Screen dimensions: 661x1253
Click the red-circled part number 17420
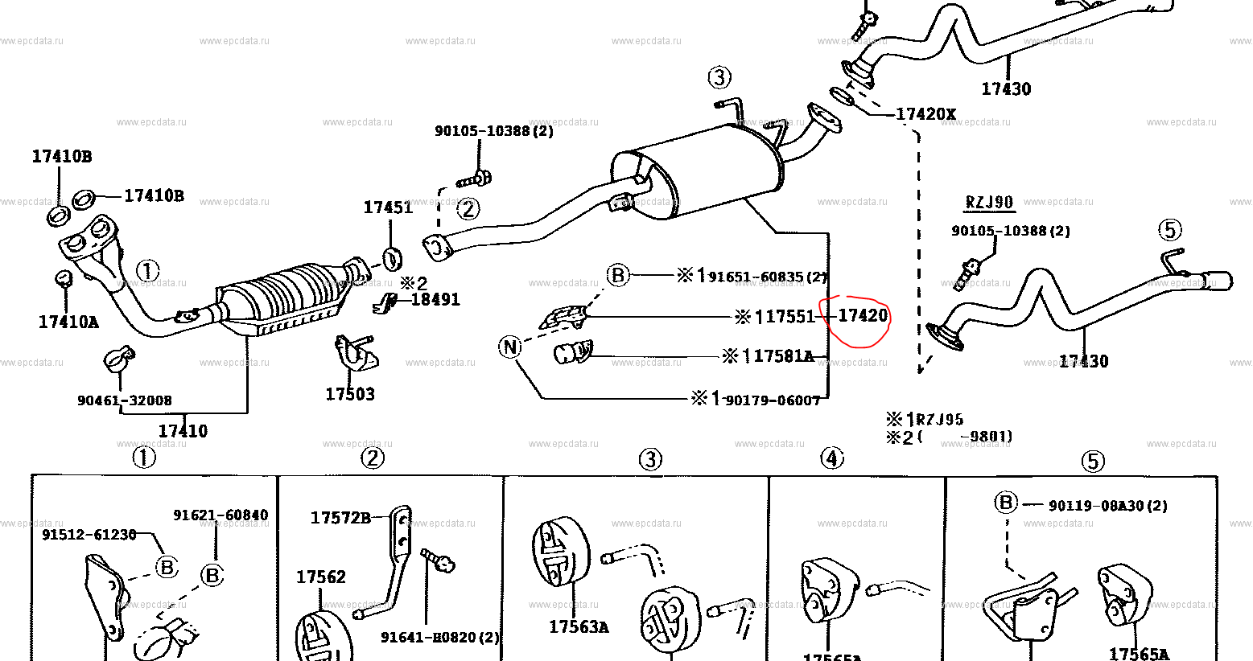tap(862, 315)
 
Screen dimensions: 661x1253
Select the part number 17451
tap(388, 207)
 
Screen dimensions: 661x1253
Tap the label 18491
tap(435, 299)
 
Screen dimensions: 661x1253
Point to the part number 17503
tap(350, 394)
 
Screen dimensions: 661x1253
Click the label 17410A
tap(68, 322)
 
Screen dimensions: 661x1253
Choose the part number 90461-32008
tap(125, 400)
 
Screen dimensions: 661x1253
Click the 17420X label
tap(925, 114)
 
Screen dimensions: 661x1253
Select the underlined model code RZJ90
tap(989, 202)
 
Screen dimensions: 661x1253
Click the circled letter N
tap(510, 347)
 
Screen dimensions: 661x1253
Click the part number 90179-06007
tap(773, 400)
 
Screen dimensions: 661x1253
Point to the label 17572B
tap(340, 518)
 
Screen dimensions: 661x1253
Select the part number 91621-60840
tap(221, 515)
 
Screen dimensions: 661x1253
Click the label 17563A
tap(579, 627)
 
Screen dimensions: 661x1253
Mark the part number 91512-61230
tap(89, 534)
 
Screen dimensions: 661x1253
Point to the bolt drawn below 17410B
tap(64, 277)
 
